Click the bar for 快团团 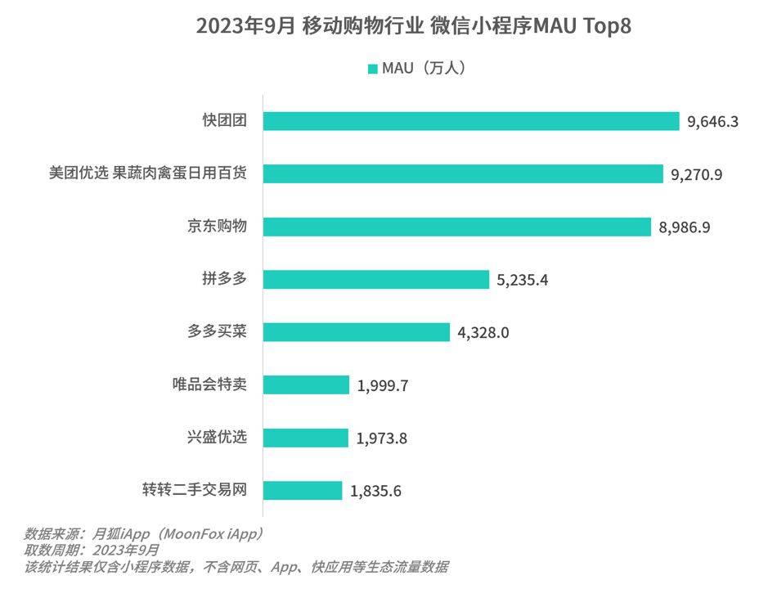pos(471,121)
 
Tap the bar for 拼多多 pos(375,280)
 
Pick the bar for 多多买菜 pos(357,332)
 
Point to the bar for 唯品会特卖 pos(306,385)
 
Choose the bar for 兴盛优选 pos(305,438)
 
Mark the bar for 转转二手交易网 pos(303,491)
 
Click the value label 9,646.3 pos(713,122)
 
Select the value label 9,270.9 pos(697,174)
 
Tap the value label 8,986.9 pos(685,227)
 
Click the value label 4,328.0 pos(483,333)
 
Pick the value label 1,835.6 pos(376,491)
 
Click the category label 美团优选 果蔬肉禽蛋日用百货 pos(148,173)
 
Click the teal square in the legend pos(372,69)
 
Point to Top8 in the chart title pos(607,26)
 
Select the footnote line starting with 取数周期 pos(92,550)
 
